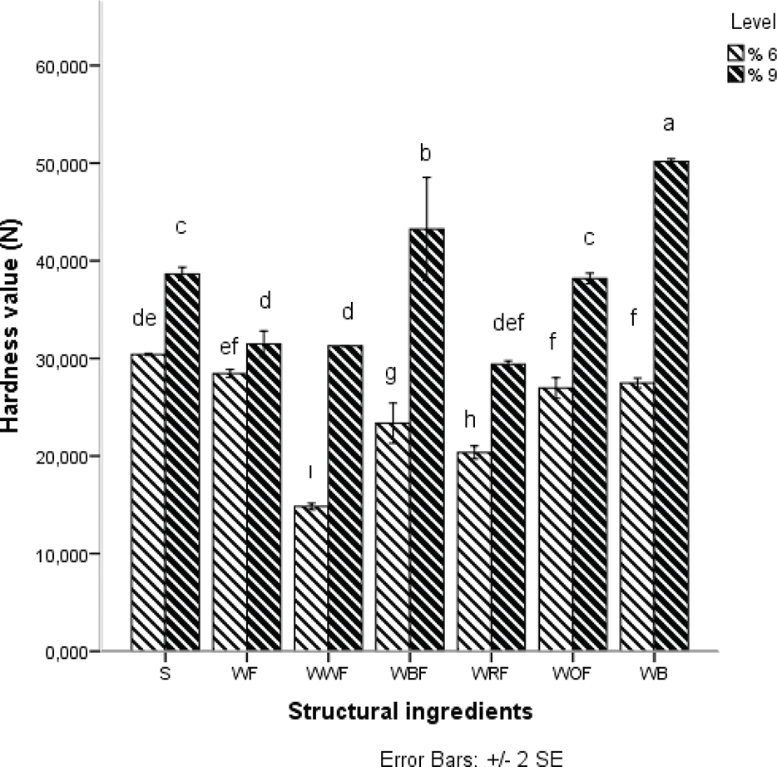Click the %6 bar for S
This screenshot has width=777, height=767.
coord(147,502)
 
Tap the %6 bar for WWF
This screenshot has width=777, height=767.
coord(311,578)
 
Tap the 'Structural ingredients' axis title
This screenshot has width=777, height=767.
coord(410,712)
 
